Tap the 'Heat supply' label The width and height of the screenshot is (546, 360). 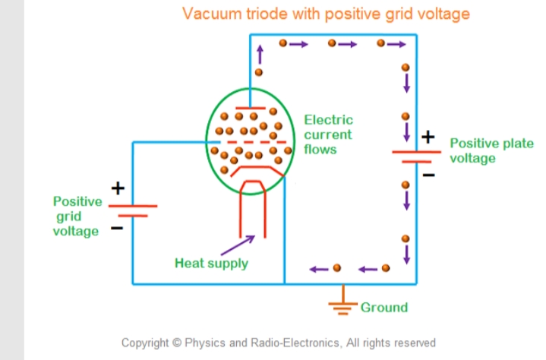pyautogui.click(x=211, y=264)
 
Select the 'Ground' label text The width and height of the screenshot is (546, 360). pyautogui.click(x=383, y=307)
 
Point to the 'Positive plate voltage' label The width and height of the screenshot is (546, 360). pyautogui.click(x=491, y=150)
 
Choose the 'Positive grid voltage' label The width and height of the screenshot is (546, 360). pyautogui.click(x=77, y=216)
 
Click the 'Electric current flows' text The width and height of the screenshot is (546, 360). pyautogui.click(x=328, y=134)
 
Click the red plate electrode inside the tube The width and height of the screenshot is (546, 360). pyautogui.click(x=250, y=108)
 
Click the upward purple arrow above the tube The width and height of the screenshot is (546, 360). pyautogui.click(x=259, y=53)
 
